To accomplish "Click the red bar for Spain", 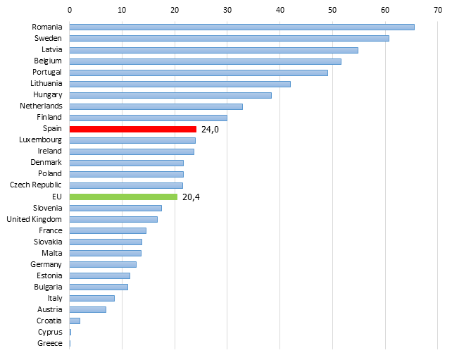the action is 133,129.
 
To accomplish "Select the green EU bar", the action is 123,197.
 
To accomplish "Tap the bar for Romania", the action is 242,27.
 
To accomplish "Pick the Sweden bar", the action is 230,38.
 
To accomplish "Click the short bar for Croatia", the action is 75,321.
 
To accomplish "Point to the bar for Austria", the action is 87,309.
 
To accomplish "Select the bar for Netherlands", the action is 156,106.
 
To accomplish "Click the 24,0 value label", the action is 210,129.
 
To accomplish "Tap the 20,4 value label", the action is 191,197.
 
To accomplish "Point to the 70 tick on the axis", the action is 438,10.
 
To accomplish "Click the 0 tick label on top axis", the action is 70,10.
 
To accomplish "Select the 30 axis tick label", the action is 227,10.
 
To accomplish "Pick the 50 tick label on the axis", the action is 332,10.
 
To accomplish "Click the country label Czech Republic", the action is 36,185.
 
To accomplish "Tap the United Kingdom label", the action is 34,220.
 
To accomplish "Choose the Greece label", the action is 49,343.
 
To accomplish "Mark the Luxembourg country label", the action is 40,140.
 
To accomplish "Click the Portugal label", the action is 47,72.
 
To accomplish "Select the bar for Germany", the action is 103,264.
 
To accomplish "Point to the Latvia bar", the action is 213,51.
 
